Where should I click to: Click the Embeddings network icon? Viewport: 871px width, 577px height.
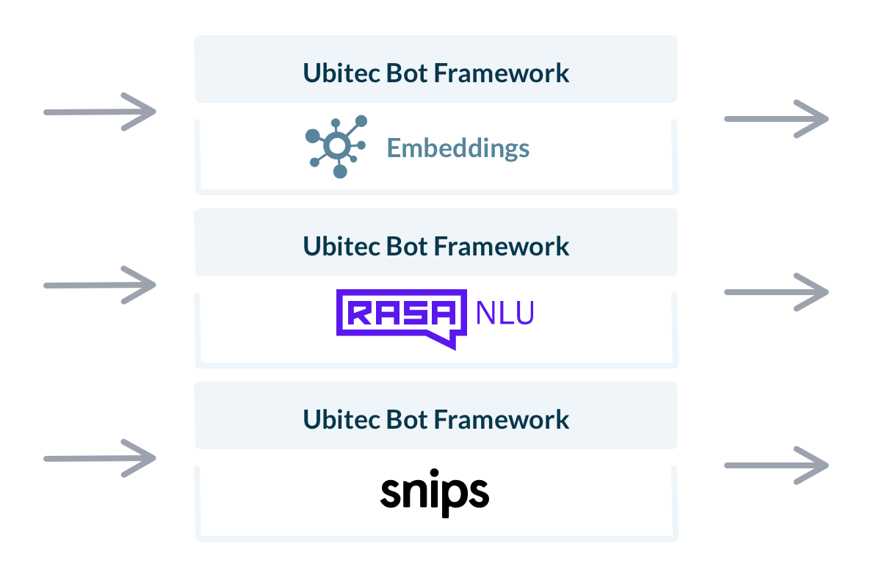(336, 147)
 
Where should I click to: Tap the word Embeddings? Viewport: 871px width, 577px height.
(458, 148)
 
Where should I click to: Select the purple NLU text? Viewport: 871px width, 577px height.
(505, 314)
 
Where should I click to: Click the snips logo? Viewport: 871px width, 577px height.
(435, 493)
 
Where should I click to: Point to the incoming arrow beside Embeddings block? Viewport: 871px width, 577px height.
(101, 112)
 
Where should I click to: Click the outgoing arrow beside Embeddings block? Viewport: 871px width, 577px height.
(776, 118)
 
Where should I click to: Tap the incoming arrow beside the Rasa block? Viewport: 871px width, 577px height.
(101, 285)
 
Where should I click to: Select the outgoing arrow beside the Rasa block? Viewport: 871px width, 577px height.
(776, 292)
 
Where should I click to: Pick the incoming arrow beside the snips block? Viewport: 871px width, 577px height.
(101, 458)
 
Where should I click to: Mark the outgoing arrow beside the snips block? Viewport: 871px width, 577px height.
(776, 465)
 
